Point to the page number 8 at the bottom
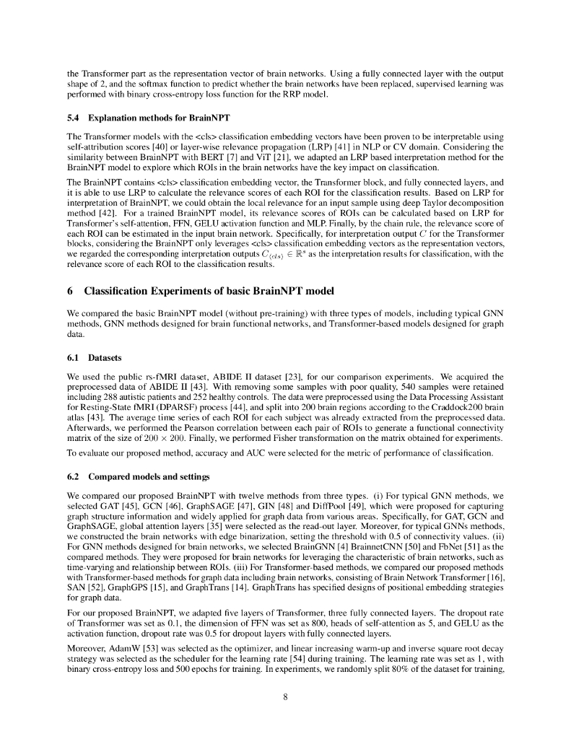point(286,696)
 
